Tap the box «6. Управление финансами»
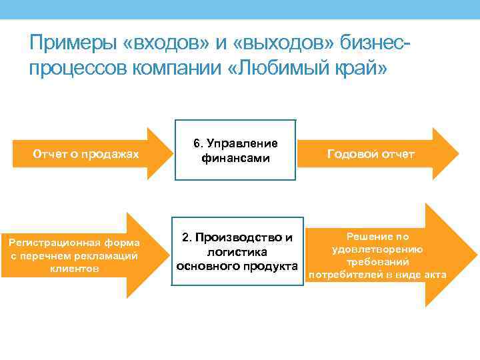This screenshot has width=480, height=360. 235,151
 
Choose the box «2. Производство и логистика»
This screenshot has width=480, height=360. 237,251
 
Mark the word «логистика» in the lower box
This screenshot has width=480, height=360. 237,252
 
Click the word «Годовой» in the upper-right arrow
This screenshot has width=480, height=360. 351,154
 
